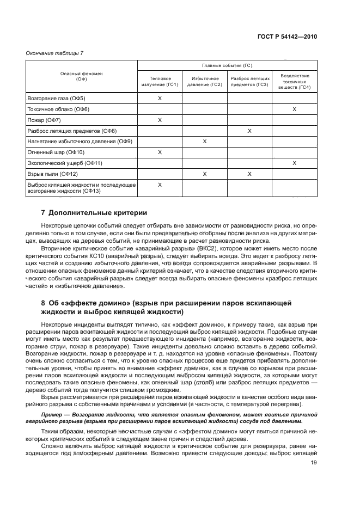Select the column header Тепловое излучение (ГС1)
tap(160, 82)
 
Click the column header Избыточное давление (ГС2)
tap(204, 82)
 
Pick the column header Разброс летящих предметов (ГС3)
tap(249, 82)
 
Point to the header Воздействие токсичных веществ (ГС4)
tap(295, 82)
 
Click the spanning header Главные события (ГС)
tap(227, 64)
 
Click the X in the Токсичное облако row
tap(295, 109)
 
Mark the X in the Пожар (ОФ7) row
tap(160, 120)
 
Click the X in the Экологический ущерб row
tap(295, 163)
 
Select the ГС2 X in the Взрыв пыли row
tap(204, 174)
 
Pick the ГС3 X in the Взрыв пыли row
tap(249, 174)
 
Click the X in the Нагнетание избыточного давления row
tap(204, 142)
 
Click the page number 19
tap(314, 463)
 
